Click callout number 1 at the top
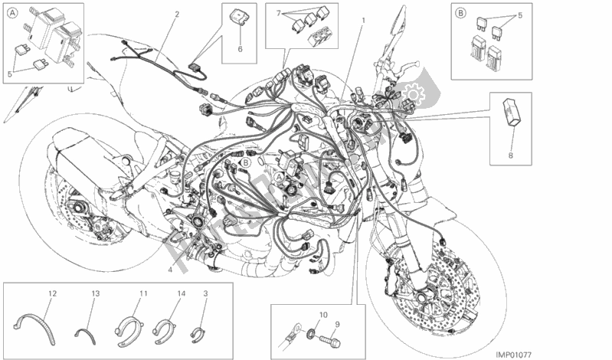click(x=363, y=20)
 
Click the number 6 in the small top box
click(x=240, y=49)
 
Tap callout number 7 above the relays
click(x=280, y=14)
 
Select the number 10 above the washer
click(x=322, y=315)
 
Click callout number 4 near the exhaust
click(x=170, y=269)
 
